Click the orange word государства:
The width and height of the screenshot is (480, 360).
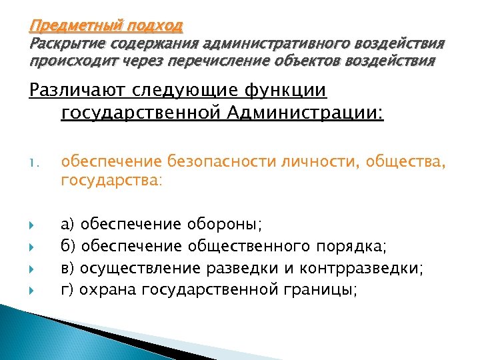point(111,180)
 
